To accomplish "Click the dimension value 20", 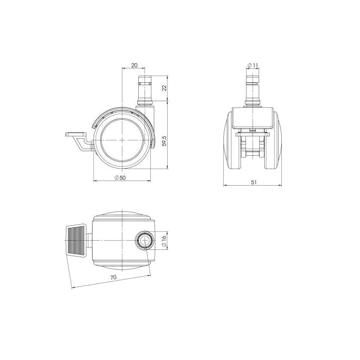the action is [134, 65].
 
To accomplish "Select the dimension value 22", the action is [165, 88].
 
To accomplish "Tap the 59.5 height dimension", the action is [165, 141].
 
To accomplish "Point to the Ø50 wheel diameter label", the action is [120, 178].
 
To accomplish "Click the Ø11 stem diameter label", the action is [253, 65].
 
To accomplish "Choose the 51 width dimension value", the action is [254, 182].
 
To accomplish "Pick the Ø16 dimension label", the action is [165, 240].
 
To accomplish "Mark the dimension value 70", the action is [113, 277].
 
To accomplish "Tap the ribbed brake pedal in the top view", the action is [76, 240].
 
